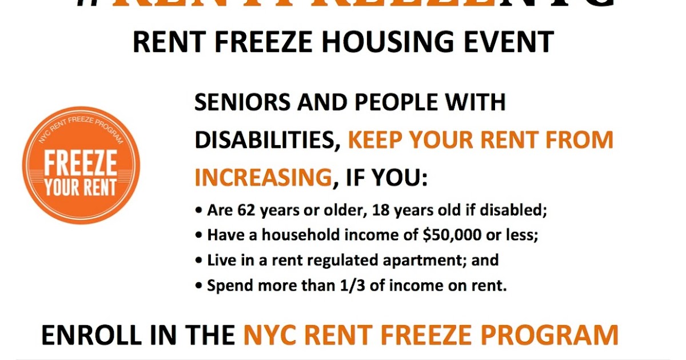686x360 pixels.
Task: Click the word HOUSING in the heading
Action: [367, 42]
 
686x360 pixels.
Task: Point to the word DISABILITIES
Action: [267, 140]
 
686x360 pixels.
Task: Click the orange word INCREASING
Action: [263, 178]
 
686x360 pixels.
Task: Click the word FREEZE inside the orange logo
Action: [81, 164]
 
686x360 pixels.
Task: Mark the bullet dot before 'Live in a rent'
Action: [198, 261]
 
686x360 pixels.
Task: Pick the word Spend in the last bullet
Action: [227, 286]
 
